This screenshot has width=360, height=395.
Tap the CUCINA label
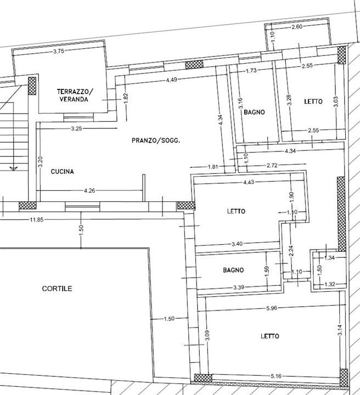[62, 172]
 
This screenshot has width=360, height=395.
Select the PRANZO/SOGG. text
[156, 140]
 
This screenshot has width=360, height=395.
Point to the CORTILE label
[57, 289]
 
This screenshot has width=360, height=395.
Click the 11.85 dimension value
[37, 219]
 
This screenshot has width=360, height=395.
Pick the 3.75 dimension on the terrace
[59, 52]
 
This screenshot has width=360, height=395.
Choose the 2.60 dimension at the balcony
[297, 26]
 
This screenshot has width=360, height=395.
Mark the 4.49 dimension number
[172, 80]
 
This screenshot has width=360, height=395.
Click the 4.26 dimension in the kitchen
[89, 191]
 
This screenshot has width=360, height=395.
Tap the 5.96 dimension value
[272, 308]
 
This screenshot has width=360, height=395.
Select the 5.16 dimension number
[276, 376]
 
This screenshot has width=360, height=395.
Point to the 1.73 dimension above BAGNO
[251, 71]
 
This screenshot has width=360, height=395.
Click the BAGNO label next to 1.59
[233, 270]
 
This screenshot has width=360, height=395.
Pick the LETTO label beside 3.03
[313, 101]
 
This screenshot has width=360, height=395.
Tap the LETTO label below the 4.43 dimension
[236, 211]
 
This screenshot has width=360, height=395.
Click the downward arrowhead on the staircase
[13, 168]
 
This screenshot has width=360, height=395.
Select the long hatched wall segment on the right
[341, 214]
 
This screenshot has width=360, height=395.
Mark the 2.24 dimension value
[291, 251]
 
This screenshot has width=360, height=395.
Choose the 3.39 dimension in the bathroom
[238, 287]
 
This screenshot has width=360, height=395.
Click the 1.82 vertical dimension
[126, 98]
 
